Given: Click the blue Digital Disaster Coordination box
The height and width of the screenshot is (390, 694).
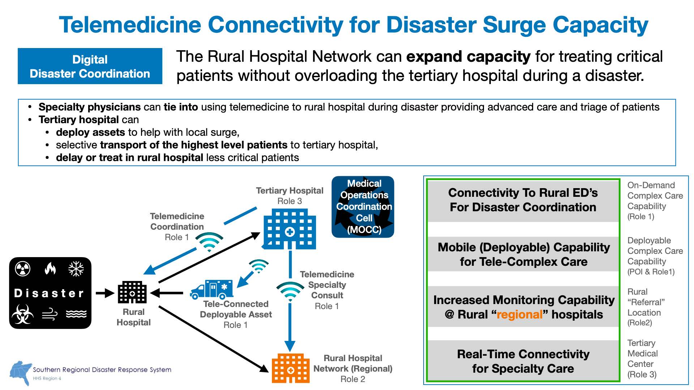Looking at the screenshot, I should (x=90, y=66).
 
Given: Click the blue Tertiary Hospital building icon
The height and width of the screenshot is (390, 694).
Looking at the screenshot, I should (x=289, y=230).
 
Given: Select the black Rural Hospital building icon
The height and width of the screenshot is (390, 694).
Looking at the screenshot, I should (x=132, y=292).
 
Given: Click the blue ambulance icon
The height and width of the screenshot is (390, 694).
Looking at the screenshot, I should (x=211, y=289).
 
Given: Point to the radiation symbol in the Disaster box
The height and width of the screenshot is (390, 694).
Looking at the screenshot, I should (x=22, y=269).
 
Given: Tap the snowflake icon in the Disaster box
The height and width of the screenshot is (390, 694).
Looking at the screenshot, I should (x=76, y=269).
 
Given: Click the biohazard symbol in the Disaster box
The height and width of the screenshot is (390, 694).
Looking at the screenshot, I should (x=22, y=314).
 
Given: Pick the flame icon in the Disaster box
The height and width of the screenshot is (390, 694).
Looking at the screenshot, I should (x=50, y=269).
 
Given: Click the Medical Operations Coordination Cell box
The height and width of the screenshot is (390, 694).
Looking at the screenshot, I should (x=363, y=207).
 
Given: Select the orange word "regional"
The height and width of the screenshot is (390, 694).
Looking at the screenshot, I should (x=519, y=315).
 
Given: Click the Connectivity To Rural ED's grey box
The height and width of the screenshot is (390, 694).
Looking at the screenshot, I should (x=523, y=200).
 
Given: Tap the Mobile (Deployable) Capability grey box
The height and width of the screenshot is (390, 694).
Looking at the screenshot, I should (x=523, y=254).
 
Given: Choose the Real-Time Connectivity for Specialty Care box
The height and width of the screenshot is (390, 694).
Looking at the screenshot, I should (x=523, y=361).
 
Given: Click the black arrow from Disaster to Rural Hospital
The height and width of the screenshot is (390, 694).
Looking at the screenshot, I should (x=105, y=293).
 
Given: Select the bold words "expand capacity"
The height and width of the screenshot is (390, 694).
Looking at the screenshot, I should (x=468, y=57).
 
